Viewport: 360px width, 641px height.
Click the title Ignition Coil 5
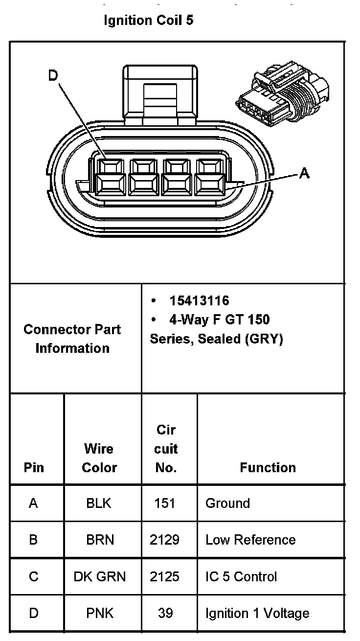pos(148,21)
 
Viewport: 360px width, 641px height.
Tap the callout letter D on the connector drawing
pos(53,75)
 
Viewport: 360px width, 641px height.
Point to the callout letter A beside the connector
pos(304,173)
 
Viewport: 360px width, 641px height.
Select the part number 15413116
pos(199,300)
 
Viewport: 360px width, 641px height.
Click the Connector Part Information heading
pos(72,339)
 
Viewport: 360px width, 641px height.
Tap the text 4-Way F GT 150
pos(219,320)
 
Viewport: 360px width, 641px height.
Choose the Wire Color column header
pos(99,458)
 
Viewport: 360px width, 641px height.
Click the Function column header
pos(268,468)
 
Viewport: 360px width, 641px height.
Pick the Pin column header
pos(34,468)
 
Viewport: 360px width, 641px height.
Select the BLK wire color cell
pos(99,503)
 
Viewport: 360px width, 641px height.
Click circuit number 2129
pos(164,540)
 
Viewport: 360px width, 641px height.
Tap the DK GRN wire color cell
pos(100,576)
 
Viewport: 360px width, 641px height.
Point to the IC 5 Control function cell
pos(241,576)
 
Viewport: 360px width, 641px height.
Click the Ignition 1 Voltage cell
pos(257,613)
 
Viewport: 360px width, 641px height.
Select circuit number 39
pos(165,613)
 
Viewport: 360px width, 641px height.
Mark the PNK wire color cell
pos(100,613)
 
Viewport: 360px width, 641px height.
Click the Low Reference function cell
pos(250,540)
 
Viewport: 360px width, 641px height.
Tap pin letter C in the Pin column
pos(33,576)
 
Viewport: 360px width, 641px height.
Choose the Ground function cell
pos(227,503)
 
